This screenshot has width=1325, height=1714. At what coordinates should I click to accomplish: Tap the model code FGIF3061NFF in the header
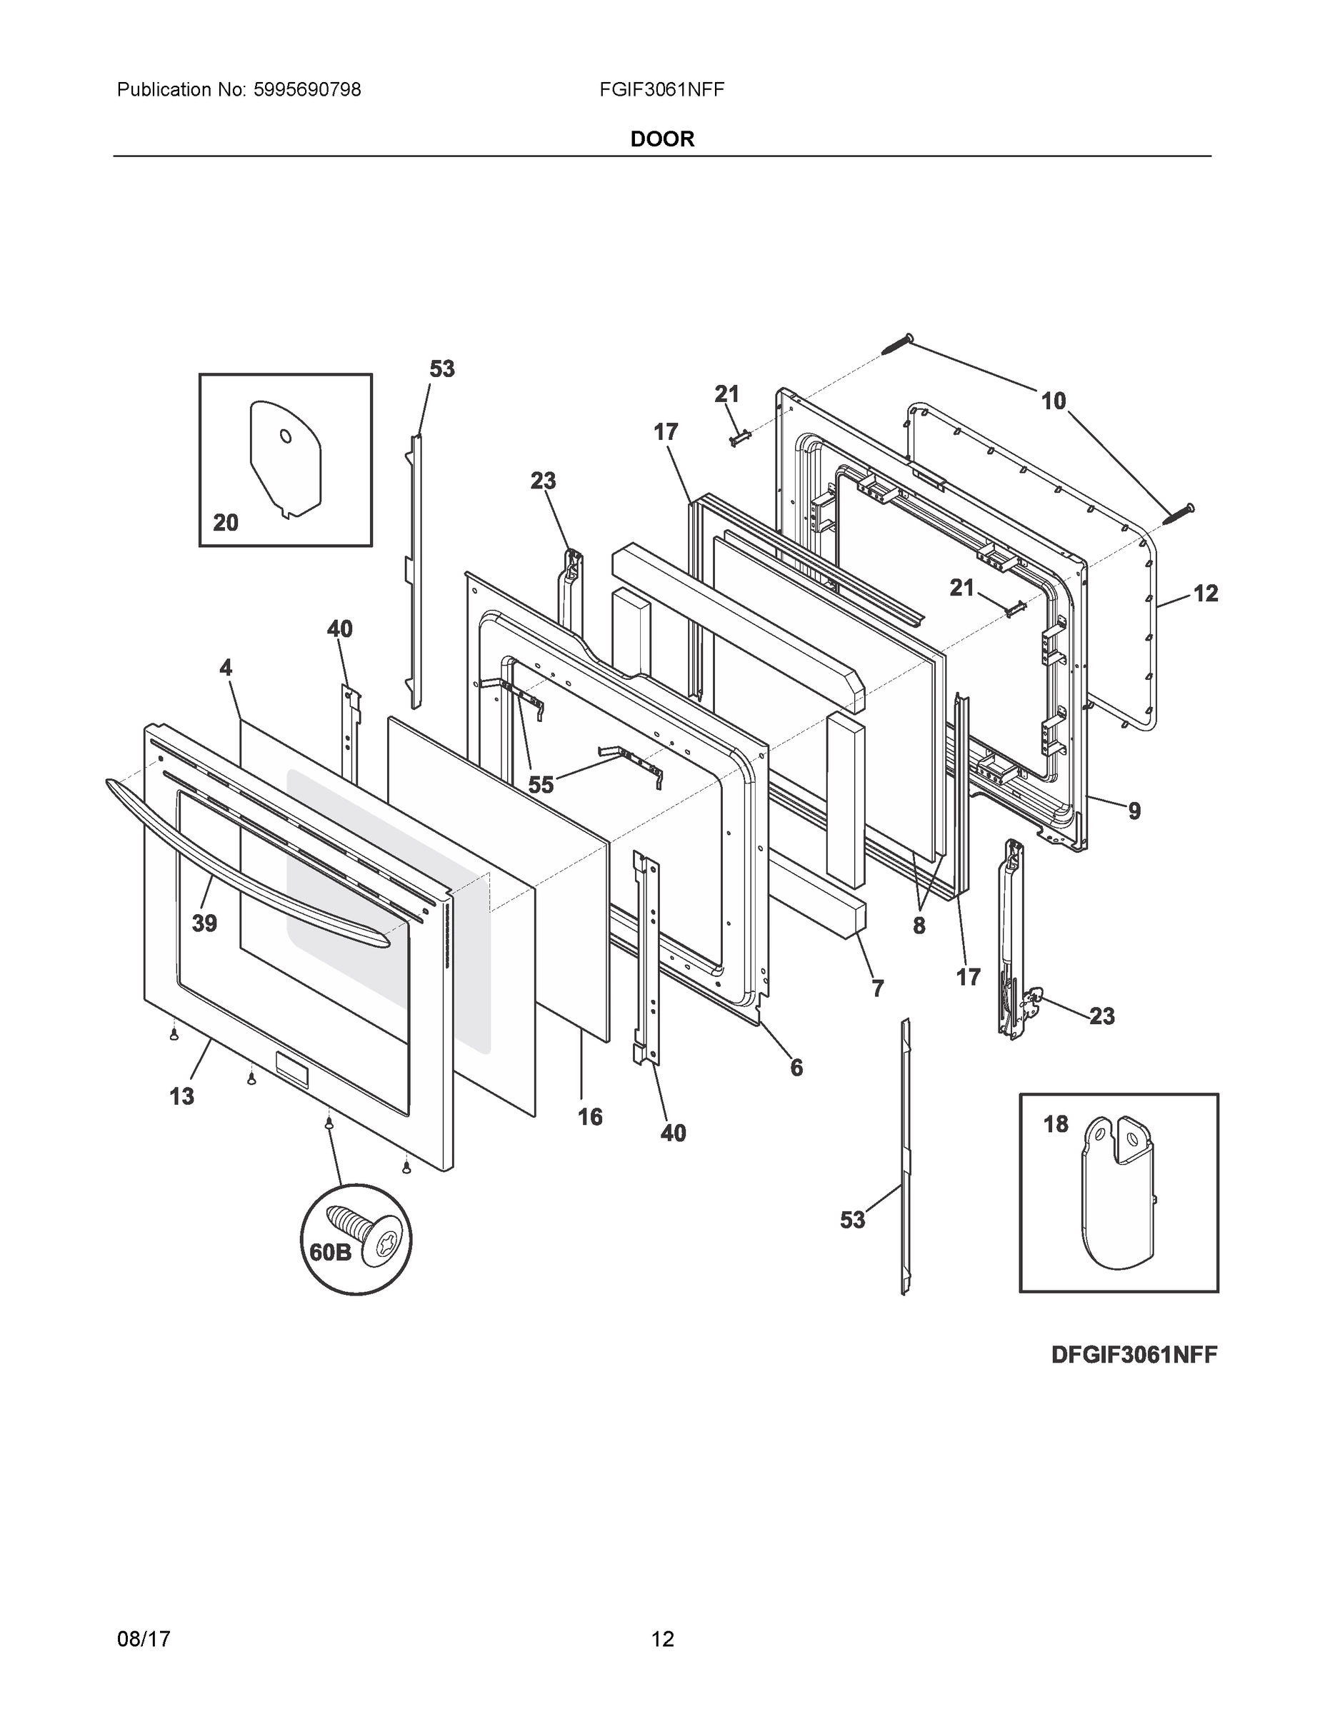(661, 90)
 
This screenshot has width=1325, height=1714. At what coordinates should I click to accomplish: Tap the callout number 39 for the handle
(204, 923)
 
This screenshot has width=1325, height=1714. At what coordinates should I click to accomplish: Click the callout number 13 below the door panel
(181, 1096)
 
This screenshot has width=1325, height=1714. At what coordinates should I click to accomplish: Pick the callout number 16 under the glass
(589, 1116)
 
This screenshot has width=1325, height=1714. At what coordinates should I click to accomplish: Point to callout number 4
(225, 668)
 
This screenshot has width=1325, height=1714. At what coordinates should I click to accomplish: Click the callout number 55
(540, 784)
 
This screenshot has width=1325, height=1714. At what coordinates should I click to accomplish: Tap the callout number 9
(1134, 811)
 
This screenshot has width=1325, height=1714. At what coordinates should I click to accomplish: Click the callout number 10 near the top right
(1053, 401)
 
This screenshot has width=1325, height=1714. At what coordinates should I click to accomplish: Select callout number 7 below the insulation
(877, 988)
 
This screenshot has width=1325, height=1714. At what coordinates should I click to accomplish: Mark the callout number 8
(919, 926)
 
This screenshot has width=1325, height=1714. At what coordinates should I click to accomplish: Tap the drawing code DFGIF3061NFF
(1134, 1355)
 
